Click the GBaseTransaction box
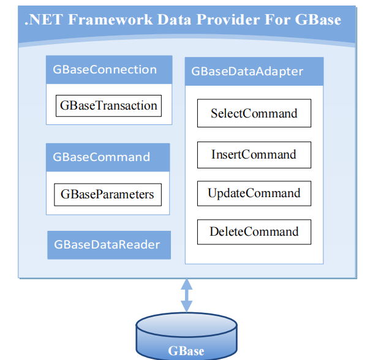pos(108,105)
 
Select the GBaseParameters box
pos(107,195)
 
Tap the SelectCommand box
pos(254,113)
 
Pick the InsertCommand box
pos(254,154)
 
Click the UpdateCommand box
pos(254,193)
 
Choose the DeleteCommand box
pos(254,231)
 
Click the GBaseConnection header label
pos(105,70)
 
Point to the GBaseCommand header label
pos(101,157)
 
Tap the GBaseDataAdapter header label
pos(247,71)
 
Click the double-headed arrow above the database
pos(186,296)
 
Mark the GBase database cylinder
pos(186,337)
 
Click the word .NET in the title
pos(43,20)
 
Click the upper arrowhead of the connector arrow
pos(186,283)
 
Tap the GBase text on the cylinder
pos(186,351)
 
